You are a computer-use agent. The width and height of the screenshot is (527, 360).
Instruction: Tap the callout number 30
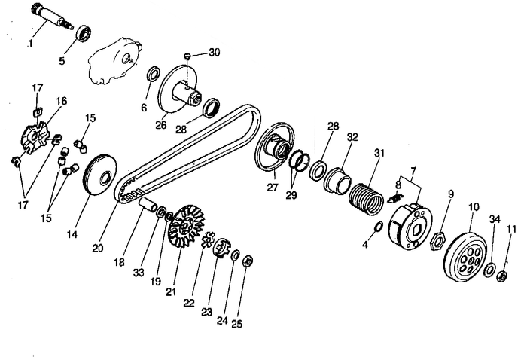click(x=215, y=52)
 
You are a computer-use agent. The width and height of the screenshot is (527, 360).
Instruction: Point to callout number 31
click(x=379, y=153)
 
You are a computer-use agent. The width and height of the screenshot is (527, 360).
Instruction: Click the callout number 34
click(x=493, y=219)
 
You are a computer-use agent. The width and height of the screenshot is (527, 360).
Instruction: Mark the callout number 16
click(x=61, y=100)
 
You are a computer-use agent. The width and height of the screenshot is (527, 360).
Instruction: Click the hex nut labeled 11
click(x=501, y=276)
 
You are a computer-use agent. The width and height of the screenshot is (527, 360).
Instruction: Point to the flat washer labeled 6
click(x=151, y=75)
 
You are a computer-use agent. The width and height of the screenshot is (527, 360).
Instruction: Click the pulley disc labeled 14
click(x=99, y=178)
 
